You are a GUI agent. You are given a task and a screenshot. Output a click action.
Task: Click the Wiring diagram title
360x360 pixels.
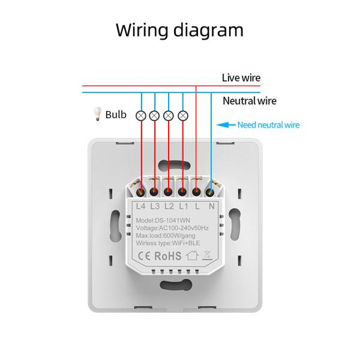tap(179, 30)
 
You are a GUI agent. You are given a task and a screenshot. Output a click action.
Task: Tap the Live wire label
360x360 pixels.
tap(241, 77)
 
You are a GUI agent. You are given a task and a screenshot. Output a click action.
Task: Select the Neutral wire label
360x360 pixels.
tap(250, 101)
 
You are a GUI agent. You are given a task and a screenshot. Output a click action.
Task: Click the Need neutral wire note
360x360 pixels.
tap(268, 125)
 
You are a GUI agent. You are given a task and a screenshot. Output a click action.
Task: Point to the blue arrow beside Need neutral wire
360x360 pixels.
tap(226, 125)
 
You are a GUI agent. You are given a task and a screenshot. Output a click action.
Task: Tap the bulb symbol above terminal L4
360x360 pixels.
tap(142, 115)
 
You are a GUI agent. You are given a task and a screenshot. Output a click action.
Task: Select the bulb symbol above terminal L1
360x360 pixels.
tap(183, 115)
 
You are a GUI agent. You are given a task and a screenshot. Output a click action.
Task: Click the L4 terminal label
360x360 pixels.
tap(141, 206)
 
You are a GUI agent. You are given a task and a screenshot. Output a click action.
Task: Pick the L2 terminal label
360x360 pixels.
tap(169, 206)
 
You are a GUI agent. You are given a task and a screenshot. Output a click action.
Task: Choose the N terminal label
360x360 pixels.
tap(211, 206)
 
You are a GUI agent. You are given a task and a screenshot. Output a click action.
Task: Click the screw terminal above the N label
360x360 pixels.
tap(211, 193)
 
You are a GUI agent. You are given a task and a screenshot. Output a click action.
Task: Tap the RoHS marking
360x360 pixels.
tap(169, 256)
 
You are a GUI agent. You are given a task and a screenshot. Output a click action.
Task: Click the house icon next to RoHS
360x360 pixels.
tap(191, 256)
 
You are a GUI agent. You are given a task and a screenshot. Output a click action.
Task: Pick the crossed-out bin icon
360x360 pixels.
tap(208, 256)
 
